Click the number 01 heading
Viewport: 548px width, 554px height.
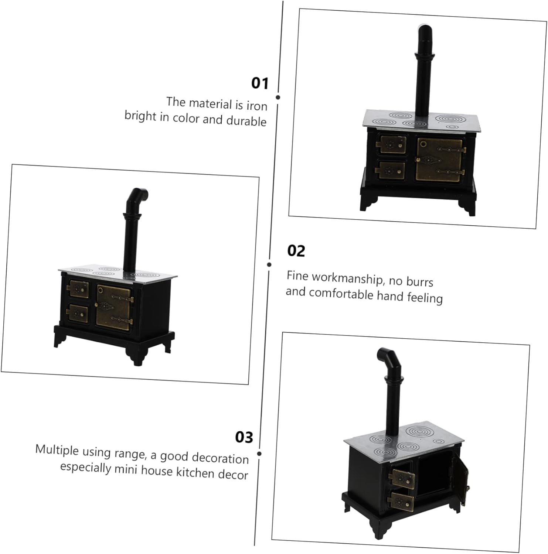pyautogui.click(x=260, y=83)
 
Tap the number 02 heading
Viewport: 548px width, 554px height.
pyautogui.click(x=296, y=251)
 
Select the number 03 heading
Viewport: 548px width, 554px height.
pyautogui.click(x=244, y=437)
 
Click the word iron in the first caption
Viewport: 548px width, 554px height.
pyautogui.click(x=256, y=106)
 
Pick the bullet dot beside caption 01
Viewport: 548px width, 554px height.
pyautogui.click(x=278, y=98)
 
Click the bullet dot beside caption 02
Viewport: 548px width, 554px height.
pyautogui.click(x=269, y=264)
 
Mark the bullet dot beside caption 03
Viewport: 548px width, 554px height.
pyautogui.click(x=259, y=454)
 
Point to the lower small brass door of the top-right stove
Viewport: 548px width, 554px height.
pyautogui.click(x=390, y=171)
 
